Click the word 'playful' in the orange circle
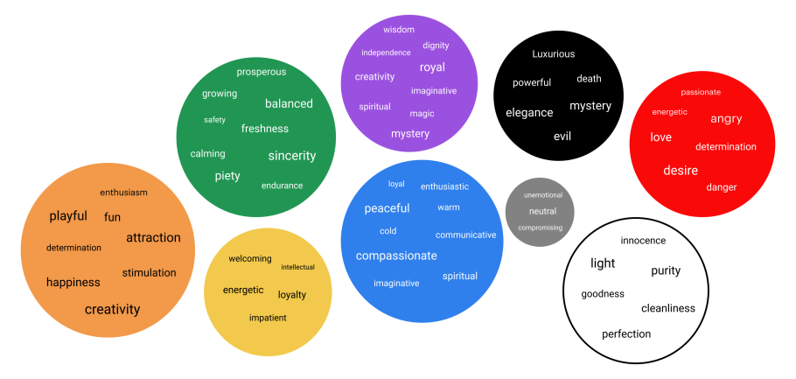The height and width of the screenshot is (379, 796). point(68,216)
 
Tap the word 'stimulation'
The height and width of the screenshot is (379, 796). point(149,273)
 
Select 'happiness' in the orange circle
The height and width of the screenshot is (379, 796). point(73,283)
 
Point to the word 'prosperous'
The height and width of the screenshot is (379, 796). point(261,72)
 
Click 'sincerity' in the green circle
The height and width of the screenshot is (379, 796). point(291,156)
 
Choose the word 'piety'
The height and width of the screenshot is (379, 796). point(227,176)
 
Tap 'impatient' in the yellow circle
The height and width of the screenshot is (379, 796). point(268,318)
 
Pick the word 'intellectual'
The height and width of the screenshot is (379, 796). point(297,267)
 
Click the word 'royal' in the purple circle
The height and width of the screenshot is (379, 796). point(432,67)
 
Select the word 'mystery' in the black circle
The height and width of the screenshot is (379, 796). point(590,106)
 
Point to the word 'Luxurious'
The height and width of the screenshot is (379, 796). point(554,54)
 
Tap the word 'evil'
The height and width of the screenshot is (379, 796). point(562,137)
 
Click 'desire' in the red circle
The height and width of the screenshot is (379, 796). point(681,170)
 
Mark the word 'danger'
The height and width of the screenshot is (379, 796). point(722,187)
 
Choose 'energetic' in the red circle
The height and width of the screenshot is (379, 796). point(669,112)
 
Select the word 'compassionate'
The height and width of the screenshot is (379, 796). point(395,256)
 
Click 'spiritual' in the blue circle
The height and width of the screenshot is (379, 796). point(460,277)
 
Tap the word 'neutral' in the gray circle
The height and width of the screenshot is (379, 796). point(542,212)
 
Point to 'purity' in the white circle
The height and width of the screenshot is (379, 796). point(666,271)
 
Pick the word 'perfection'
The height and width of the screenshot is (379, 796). point(626,334)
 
